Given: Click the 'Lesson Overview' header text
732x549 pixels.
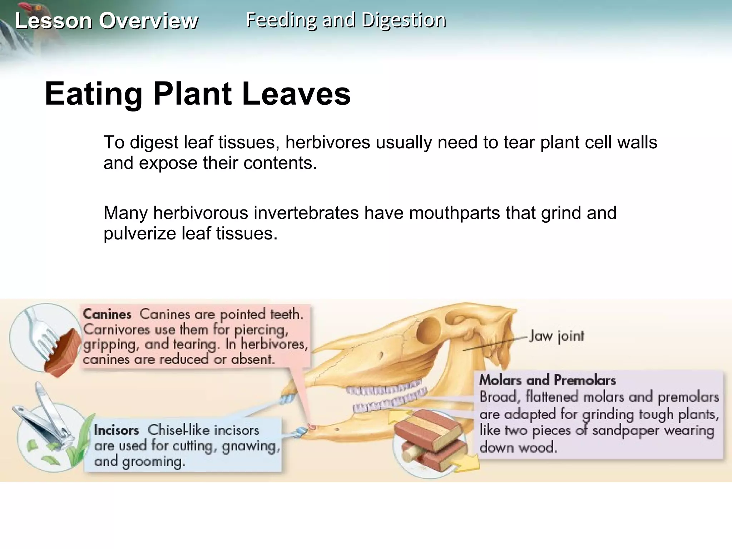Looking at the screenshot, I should click(x=106, y=21).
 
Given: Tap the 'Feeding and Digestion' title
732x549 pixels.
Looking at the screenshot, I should click(x=346, y=20).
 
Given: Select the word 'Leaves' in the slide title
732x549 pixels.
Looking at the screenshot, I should click(x=296, y=94).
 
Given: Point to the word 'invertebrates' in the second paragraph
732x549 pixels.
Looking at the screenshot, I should click(x=306, y=213).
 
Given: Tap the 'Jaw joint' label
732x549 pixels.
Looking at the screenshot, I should click(x=556, y=336).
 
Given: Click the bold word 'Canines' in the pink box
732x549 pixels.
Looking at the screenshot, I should click(x=107, y=315).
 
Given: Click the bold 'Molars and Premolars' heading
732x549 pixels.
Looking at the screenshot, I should click(x=547, y=380).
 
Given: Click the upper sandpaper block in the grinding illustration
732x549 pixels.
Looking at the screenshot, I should click(x=427, y=429).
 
